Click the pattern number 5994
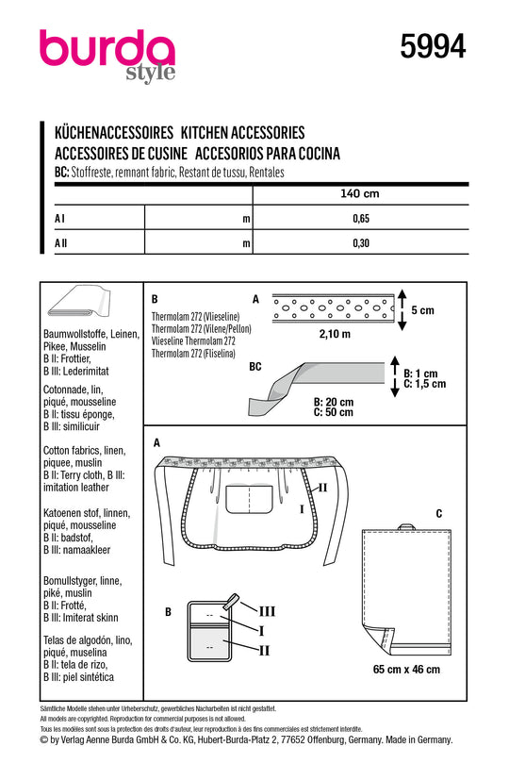(x=433, y=47)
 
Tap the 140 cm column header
(x=360, y=193)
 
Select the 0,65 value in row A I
(x=361, y=219)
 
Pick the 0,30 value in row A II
(x=361, y=242)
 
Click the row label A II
(x=60, y=242)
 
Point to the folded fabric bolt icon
(x=78, y=302)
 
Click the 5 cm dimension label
(x=422, y=310)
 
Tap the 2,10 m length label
(x=335, y=334)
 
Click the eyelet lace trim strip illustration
(x=334, y=307)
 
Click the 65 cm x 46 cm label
(x=406, y=669)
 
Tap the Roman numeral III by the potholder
(x=267, y=611)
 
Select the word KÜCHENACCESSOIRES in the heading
(x=114, y=133)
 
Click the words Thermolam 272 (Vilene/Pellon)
(x=202, y=329)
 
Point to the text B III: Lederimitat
(x=75, y=371)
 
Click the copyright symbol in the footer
(x=43, y=740)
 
